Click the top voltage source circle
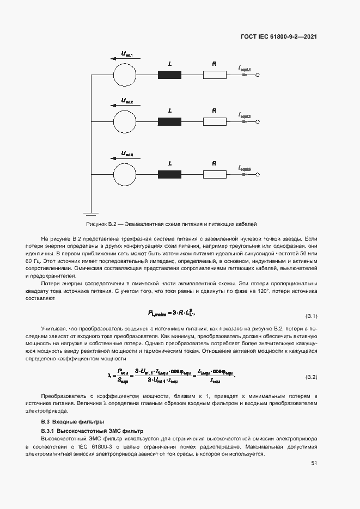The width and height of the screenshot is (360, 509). (125, 75)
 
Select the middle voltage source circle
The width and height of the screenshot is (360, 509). (125, 121)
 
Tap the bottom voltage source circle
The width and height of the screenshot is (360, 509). (125, 174)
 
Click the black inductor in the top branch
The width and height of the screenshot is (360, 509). (169, 75)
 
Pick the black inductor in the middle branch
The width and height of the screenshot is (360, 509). (169, 121)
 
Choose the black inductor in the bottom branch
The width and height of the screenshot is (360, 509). (169, 174)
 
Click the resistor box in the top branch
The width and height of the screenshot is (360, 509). (215, 75)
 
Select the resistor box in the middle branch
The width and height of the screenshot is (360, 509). (215, 121)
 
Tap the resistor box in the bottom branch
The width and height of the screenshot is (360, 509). (215, 174)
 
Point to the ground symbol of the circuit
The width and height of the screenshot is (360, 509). (90, 213)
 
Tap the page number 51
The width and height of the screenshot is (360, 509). (314, 463)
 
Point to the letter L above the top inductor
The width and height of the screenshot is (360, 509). (170, 64)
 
